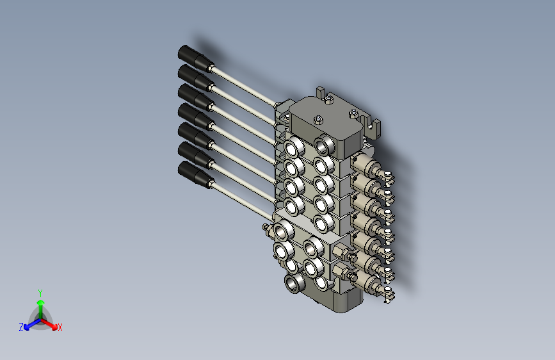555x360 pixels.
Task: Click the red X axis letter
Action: tap(60, 327)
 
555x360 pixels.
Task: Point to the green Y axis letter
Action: tap(40, 293)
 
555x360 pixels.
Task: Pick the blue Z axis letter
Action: tap(21, 327)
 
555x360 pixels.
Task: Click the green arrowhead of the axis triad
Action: tap(41, 302)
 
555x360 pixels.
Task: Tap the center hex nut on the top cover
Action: tap(318, 120)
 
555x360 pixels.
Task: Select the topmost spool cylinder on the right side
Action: tap(366, 165)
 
